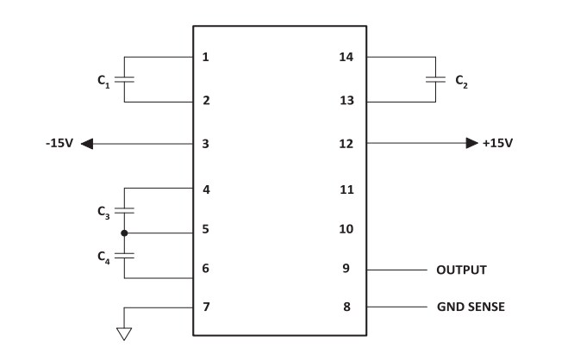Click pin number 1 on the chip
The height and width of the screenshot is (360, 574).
(205, 58)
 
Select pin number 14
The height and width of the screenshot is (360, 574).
(347, 58)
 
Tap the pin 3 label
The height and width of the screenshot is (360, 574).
(205, 143)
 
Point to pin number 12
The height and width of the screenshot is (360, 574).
(347, 143)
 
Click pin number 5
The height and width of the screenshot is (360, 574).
(205, 230)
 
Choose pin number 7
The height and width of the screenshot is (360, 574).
(205, 307)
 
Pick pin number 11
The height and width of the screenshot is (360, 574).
(347, 189)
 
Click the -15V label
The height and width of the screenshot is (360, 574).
(59, 143)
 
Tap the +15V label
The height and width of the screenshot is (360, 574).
(497, 143)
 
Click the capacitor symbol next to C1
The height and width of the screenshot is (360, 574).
(125, 79)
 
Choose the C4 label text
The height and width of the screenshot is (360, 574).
(102, 256)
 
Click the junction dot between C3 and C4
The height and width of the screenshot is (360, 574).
(125, 233)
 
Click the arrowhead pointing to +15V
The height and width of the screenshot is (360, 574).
(471, 143)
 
